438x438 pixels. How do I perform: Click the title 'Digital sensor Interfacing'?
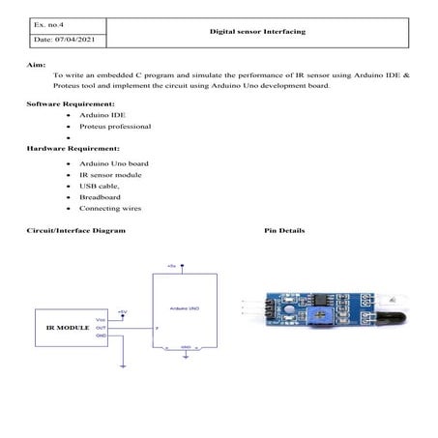257,31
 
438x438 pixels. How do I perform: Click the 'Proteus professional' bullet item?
108,126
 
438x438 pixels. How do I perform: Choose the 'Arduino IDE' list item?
96,114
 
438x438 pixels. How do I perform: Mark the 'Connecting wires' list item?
107,208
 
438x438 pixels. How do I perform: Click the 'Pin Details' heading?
283,231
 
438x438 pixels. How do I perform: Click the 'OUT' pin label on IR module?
101,328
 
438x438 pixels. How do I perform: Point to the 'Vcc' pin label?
101,320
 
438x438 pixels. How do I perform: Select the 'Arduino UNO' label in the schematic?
184,307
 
